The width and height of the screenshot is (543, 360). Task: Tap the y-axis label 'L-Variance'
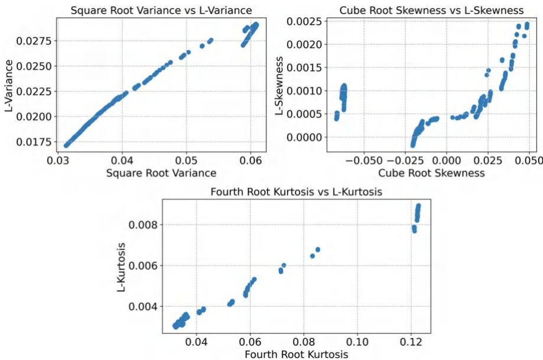(x=9, y=85)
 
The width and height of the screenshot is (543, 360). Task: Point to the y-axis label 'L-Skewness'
(x=277, y=85)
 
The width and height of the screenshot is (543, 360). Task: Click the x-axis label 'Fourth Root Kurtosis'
(x=294, y=353)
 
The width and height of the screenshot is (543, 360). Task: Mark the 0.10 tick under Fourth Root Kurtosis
(x=357, y=342)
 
